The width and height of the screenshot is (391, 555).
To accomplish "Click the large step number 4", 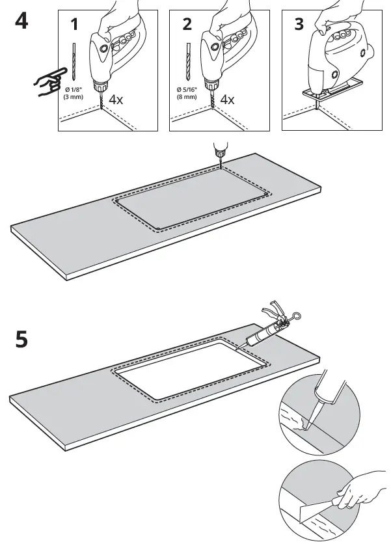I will (x=21, y=21).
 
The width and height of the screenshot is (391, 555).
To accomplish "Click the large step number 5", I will (x=21, y=339).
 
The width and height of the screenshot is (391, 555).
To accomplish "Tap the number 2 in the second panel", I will (x=187, y=25).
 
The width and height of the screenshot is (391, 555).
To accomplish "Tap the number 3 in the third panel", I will (x=299, y=25).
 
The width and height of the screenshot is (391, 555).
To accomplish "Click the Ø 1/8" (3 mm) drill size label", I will (x=72, y=94).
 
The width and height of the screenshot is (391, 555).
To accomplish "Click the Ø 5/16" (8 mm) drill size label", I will (x=186, y=94).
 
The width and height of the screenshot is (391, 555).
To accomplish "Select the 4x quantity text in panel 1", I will (x=116, y=100).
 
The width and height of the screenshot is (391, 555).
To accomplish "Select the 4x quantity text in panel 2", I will (x=227, y=100).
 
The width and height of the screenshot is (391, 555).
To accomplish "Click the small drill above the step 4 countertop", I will (x=219, y=152).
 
